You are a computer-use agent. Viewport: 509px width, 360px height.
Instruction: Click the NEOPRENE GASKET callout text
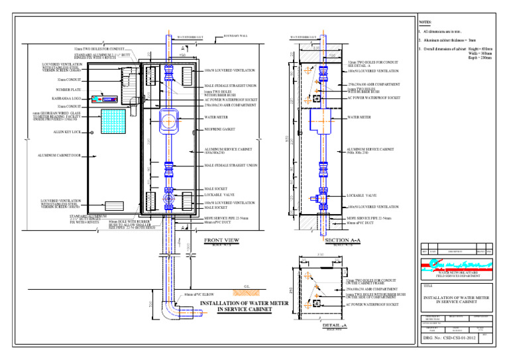pos(223,131)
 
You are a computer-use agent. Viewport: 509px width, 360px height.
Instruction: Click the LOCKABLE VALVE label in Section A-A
pos(362,196)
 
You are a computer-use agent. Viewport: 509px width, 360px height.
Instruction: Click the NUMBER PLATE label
pos(69,89)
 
